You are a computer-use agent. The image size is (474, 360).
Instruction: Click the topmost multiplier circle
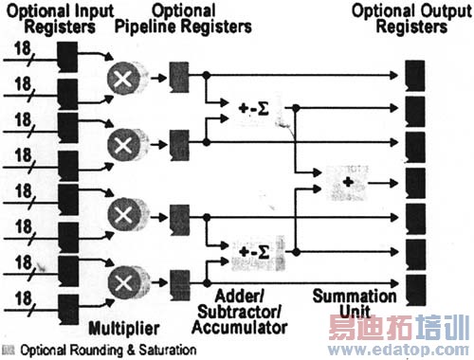click(x=122, y=79)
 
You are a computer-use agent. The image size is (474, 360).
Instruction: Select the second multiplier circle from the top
click(x=122, y=145)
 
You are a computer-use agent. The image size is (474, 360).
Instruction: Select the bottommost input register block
click(x=67, y=304)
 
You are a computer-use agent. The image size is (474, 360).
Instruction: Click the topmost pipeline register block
click(x=177, y=77)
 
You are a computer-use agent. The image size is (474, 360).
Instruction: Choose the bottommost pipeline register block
click(x=177, y=280)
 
